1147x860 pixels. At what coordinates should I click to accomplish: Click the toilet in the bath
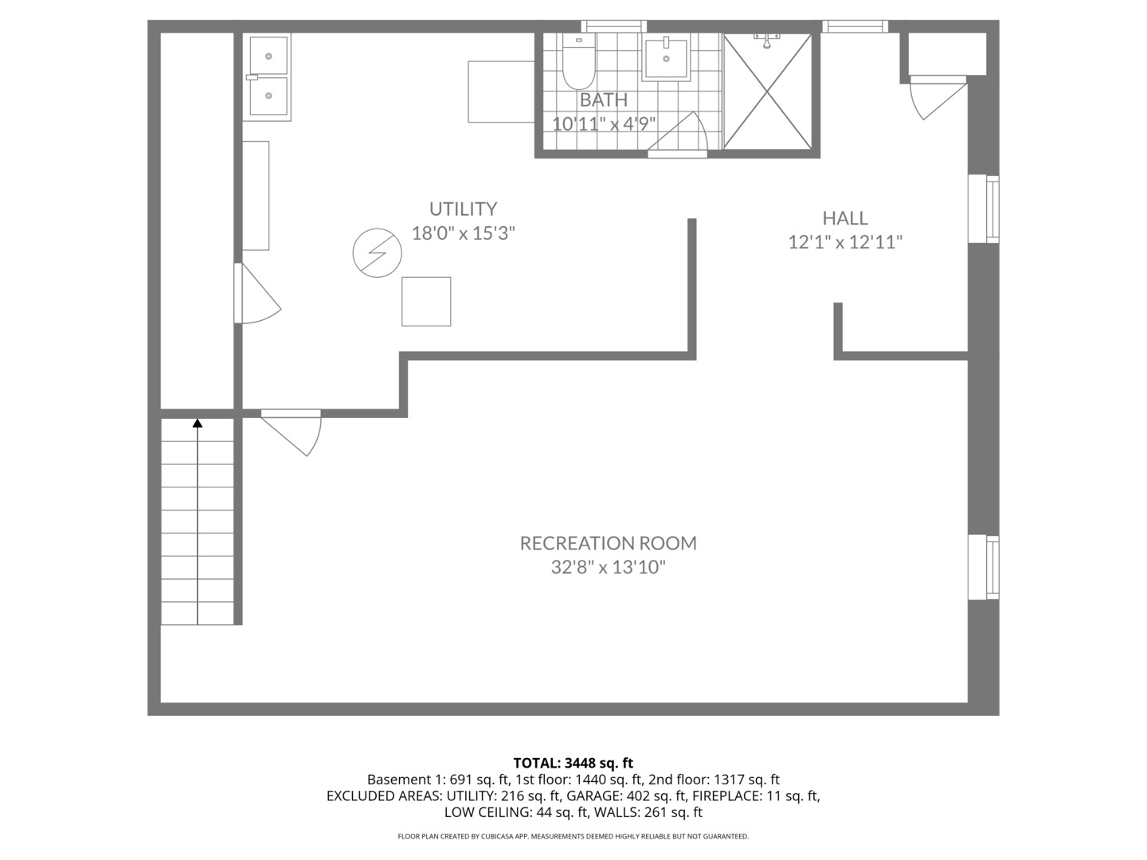(x=577, y=64)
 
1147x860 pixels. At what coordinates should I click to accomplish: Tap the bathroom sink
(x=666, y=58)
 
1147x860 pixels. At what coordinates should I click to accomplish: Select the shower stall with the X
(x=768, y=92)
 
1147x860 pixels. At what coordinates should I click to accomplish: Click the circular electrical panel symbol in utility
(x=377, y=253)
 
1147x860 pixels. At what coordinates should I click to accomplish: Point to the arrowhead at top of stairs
(x=198, y=423)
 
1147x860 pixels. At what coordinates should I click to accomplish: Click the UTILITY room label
(x=463, y=209)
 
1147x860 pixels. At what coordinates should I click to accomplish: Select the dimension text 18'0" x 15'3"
(x=463, y=233)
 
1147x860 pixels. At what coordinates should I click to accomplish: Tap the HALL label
(x=845, y=217)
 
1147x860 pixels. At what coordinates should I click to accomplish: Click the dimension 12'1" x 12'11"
(x=845, y=242)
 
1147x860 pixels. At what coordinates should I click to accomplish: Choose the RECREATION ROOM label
(x=608, y=543)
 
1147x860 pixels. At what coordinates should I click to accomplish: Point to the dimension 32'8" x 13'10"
(x=608, y=568)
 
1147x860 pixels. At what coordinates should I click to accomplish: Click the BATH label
(x=603, y=100)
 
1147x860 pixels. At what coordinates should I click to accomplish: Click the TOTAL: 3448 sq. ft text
(x=573, y=763)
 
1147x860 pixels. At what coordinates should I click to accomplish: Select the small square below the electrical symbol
(x=426, y=302)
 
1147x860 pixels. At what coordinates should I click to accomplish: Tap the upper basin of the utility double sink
(x=267, y=55)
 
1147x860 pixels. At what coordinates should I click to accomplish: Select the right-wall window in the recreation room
(x=983, y=567)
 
